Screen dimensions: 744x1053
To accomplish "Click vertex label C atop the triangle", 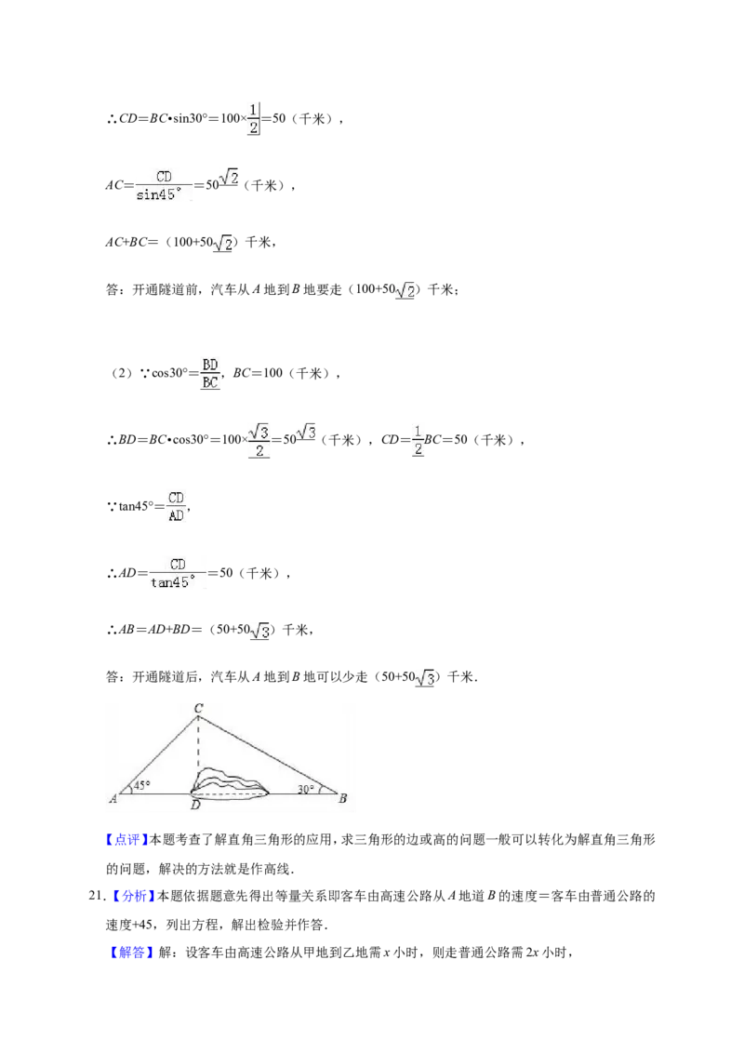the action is (198, 708).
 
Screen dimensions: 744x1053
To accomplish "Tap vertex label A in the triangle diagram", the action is (113, 798).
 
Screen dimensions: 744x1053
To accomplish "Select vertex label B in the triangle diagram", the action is (342, 798).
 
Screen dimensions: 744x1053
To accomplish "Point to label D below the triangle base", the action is (195, 805).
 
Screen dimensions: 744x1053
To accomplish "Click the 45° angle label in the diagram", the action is (141, 784).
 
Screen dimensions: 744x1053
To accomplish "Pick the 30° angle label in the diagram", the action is (306, 789).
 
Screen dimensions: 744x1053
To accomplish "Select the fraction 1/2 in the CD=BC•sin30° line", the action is (253, 118).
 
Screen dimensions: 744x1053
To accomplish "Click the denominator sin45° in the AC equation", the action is (156, 194).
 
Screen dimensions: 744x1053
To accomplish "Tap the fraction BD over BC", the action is (210, 373).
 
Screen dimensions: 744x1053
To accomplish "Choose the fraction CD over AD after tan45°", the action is (176, 506).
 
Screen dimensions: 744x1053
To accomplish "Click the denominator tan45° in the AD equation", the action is (173, 582).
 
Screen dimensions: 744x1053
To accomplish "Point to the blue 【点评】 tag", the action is (126, 839).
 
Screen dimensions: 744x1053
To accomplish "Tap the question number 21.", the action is (98, 896).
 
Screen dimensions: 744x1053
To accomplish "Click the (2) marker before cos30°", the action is (122, 373).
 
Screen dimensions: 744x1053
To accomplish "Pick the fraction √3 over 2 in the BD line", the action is (259, 441).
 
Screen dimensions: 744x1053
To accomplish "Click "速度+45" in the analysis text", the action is (129, 925).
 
